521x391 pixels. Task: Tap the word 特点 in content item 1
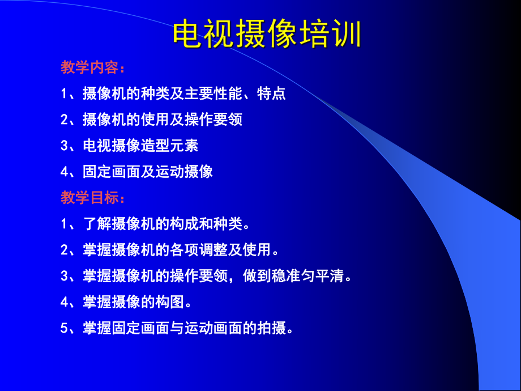(271, 94)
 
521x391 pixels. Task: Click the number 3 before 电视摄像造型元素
(64, 146)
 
